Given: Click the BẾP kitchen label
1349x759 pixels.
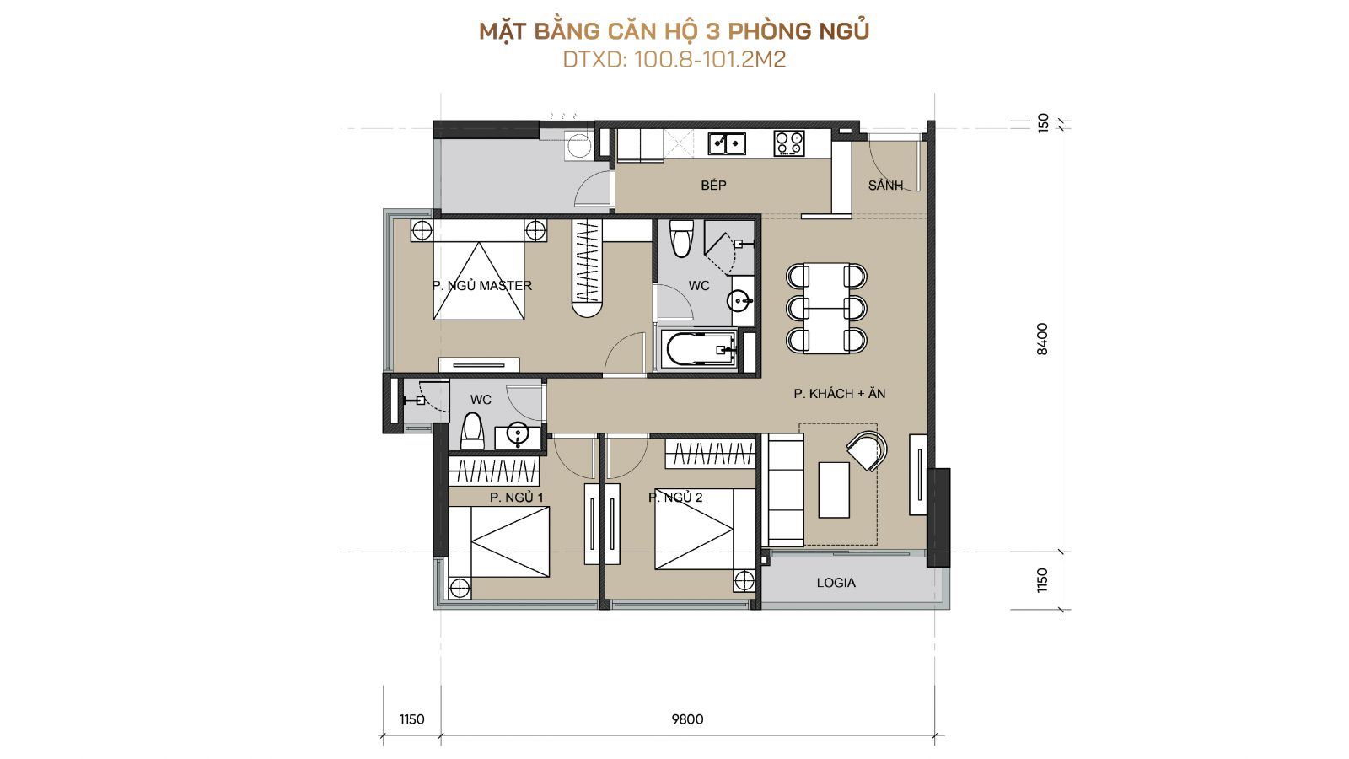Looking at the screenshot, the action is (x=713, y=185).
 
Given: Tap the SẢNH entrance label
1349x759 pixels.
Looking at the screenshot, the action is (x=885, y=185).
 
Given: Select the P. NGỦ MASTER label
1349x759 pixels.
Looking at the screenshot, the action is (x=481, y=286).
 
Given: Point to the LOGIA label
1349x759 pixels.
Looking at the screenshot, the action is (x=836, y=583).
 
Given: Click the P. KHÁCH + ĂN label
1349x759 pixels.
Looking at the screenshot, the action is (x=840, y=393).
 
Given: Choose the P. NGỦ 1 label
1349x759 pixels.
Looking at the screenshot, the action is (x=516, y=497).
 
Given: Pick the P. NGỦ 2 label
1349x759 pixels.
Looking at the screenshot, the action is (x=675, y=497).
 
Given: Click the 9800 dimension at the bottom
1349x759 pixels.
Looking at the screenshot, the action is (x=687, y=719).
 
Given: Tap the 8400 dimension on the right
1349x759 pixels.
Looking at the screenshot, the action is (x=1042, y=339).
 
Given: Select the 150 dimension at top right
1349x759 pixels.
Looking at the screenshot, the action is (x=1043, y=123).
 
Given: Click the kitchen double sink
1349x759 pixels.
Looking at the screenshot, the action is (x=726, y=143).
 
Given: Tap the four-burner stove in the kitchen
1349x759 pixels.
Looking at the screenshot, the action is (x=789, y=144).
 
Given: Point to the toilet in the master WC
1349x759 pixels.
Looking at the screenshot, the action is (x=682, y=239).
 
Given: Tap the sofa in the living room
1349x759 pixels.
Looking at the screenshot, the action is (x=786, y=490).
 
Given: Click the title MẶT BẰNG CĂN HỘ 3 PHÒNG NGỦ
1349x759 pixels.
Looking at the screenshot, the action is (x=674, y=31).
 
